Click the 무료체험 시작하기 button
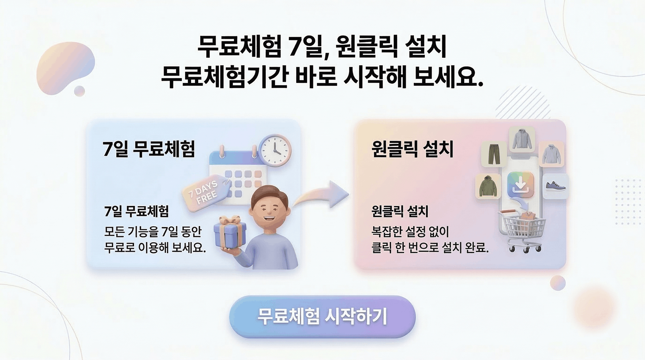pos(322,316)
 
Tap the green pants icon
pos(494,154)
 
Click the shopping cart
pos(522,230)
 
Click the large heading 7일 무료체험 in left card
pos(149,149)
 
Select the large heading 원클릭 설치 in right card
pos(413,149)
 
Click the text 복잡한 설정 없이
pos(410,231)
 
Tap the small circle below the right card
pos(558,283)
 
